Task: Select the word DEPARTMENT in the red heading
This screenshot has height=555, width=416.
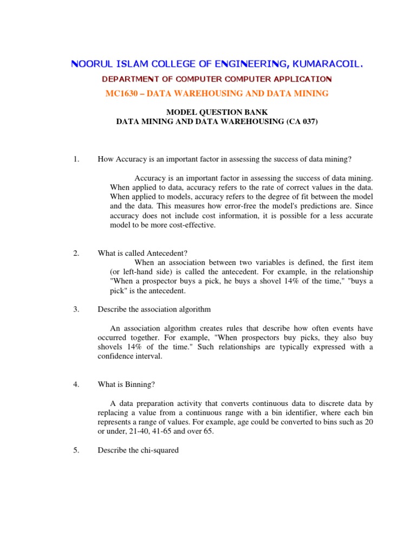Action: click(130, 79)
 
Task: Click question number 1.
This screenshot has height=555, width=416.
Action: click(76, 159)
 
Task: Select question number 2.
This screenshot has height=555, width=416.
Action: click(76, 253)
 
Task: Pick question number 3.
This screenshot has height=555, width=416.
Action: click(76, 309)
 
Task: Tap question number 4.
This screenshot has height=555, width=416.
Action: click(76, 385)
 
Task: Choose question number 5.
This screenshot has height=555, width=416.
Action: click(76, 450)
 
